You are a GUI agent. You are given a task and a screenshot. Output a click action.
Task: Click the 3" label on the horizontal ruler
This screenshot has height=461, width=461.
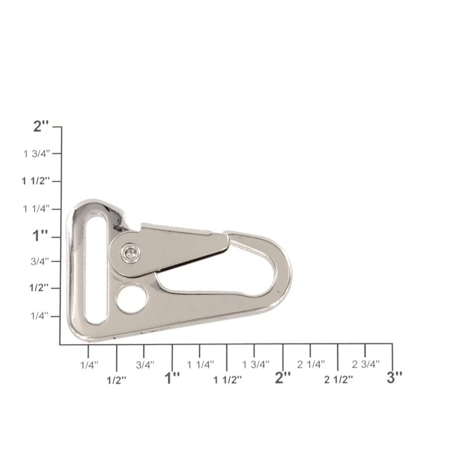(x=394, y=378)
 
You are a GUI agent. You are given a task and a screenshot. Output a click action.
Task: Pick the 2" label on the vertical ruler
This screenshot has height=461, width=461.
(x=41, y=127)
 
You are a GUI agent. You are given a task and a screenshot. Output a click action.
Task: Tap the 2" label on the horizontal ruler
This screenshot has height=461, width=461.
(x=283, y=378)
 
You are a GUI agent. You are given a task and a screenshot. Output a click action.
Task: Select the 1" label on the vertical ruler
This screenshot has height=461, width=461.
(x=41, y=236)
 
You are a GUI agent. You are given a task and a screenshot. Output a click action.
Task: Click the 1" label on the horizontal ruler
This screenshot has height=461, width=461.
(x=172, y=378)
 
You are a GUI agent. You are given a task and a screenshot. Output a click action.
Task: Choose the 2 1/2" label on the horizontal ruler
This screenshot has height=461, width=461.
(x=338, y=379)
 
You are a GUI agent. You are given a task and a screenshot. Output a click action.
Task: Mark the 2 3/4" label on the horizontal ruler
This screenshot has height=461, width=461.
(x=366, y=364)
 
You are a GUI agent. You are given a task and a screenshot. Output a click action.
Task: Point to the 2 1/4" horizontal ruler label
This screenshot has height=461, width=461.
(x=311, y=364)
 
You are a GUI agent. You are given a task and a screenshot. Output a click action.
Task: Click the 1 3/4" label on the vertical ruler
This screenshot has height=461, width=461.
(x=37, y=154)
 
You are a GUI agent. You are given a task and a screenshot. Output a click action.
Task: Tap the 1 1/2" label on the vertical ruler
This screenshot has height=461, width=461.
(x=36, y=181)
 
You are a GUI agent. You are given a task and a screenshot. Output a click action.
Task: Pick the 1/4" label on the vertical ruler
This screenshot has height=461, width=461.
(x=41, y=316)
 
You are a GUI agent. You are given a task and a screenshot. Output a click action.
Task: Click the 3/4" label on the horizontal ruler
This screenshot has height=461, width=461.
(x=145, y=364)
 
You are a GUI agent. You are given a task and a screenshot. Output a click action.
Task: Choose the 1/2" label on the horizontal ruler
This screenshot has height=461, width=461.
(x=117, y=379)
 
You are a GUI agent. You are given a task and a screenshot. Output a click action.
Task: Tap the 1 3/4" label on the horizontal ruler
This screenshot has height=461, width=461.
(x=255, y=364)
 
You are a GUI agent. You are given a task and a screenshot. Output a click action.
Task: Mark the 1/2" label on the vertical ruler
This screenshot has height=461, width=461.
(x=40, y=288)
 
